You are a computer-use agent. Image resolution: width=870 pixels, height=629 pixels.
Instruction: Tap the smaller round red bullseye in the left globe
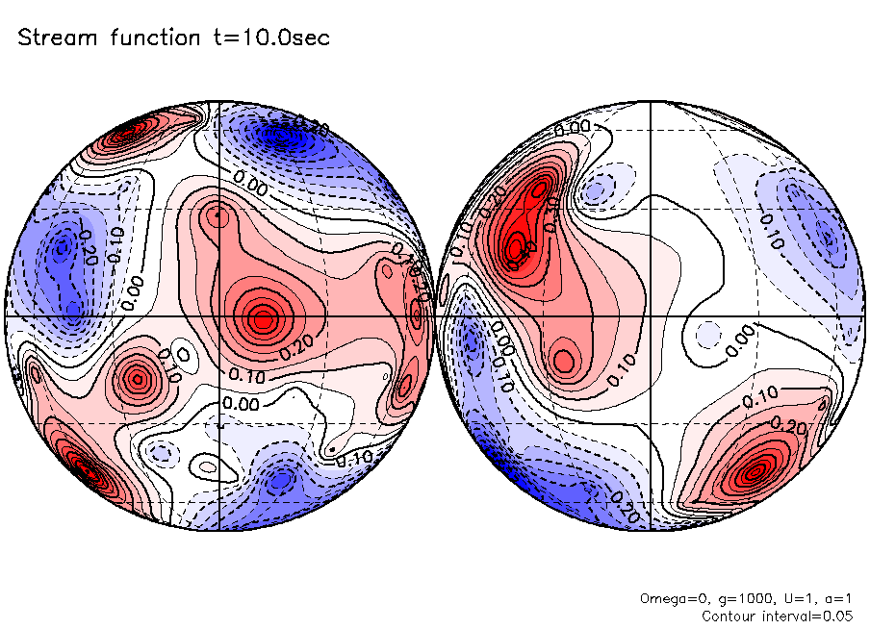[x=137, y=379]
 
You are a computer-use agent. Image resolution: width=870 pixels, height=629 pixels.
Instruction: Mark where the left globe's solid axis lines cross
[x=219, y=315]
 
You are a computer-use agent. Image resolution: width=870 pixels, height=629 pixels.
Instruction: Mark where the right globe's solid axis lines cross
[x=652, y=315]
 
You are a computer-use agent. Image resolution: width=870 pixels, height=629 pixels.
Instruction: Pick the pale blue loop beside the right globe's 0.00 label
[x=706, y=334]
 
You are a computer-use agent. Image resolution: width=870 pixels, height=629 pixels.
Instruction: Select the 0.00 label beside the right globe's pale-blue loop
[x=739, y=340]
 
